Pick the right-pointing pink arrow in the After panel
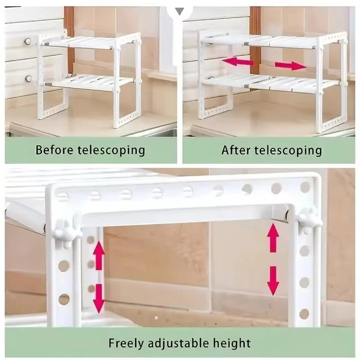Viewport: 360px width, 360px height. tap(291, 66)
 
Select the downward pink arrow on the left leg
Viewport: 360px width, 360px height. tap(99, 298)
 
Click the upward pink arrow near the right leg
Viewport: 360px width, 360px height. tap(273, 237)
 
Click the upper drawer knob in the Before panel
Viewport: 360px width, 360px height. tap(27, 41)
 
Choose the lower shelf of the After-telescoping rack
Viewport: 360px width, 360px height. tap(270, 83)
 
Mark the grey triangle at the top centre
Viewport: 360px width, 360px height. tap(179, 10)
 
